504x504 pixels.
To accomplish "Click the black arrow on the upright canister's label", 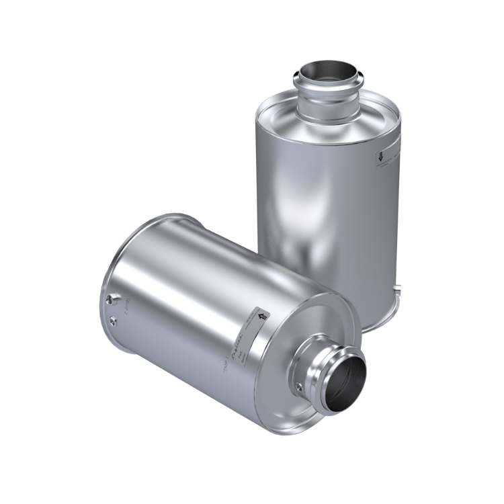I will coord(380,159).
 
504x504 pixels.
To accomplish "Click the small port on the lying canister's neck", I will coord(297,388).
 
